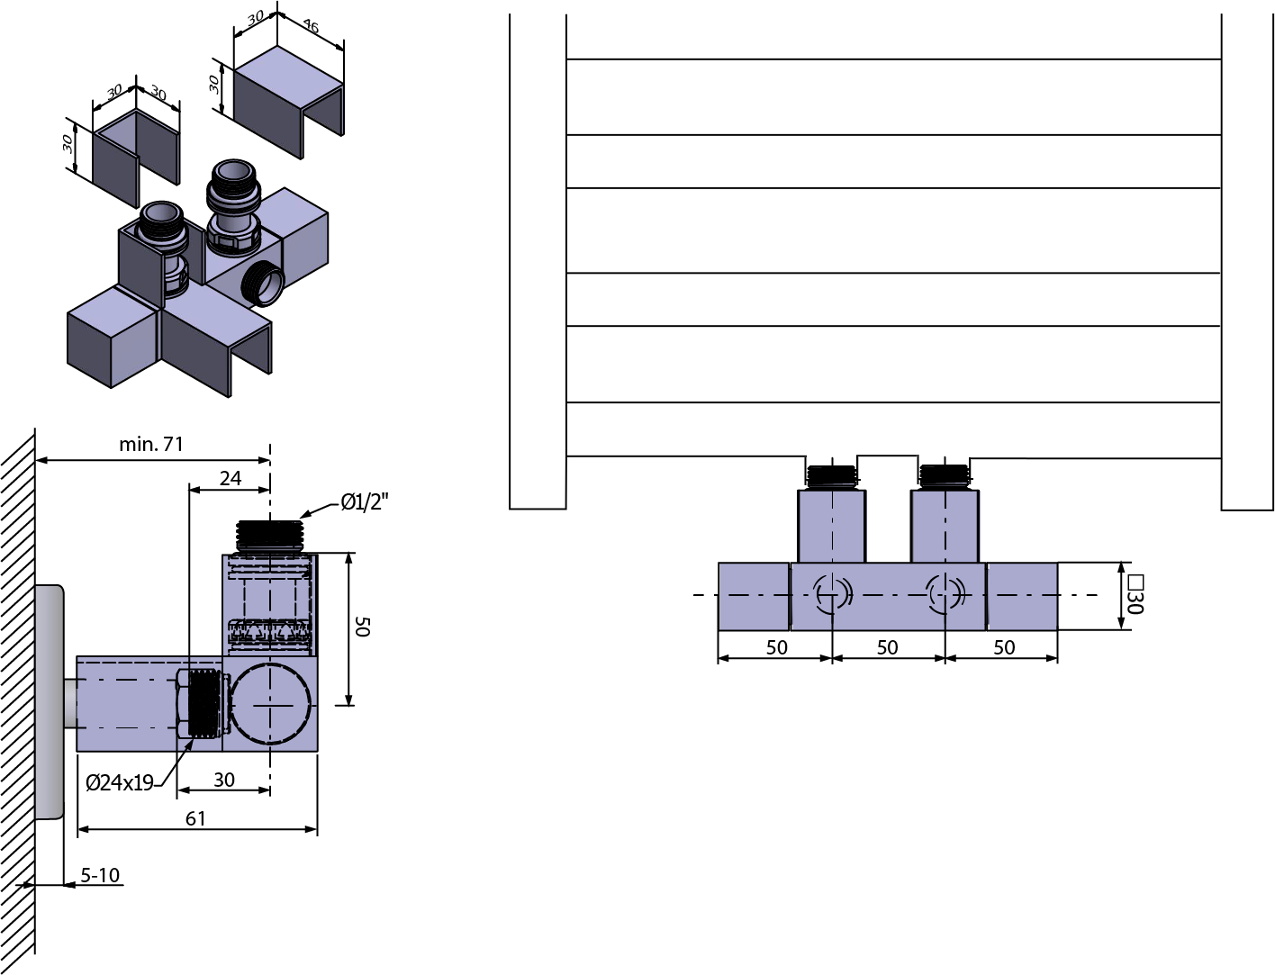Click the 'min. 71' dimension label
(x=151, y=444)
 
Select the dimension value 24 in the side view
(x=230, y=478)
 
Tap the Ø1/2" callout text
(x=364, y=501)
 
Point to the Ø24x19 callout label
(x=120, y=782)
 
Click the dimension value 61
(x=195, y=818)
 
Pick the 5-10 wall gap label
(x=100, y=874)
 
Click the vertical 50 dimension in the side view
(x=363, y=627)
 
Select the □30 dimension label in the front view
(x=1135, y=595)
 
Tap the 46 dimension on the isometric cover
(x=311, y=26)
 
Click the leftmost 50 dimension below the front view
(x=777, y=647)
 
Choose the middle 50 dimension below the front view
(x=887, y=647)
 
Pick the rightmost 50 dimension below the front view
(x=1004, y=647)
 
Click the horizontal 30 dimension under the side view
(x=224, y=780)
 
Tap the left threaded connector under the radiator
(x=832, y=475)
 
